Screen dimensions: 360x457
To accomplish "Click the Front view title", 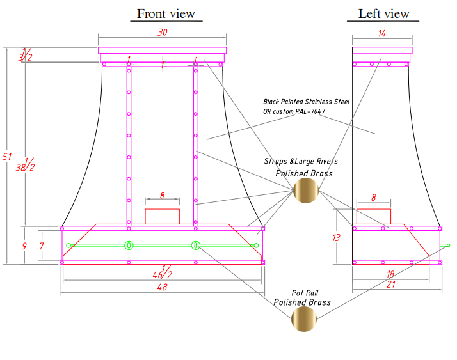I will point(166,14).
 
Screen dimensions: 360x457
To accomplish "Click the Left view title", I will point(383,14).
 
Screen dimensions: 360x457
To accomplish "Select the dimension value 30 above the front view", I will point(163,33).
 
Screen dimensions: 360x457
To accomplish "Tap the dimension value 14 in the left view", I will point(382,33).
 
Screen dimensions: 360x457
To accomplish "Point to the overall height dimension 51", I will point(8,157).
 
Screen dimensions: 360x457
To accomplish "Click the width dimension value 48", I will point(162,288).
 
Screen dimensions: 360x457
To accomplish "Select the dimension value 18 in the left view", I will point(389,274).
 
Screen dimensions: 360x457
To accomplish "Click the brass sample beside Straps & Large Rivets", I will point(305,191).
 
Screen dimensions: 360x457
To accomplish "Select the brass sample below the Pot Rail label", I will point(303,319).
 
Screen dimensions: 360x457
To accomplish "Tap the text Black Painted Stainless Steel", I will point(307,102).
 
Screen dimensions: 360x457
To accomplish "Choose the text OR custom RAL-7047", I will point(294,111).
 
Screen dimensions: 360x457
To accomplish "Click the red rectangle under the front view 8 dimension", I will point(163,216).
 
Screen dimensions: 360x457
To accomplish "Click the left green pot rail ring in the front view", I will point(129,245).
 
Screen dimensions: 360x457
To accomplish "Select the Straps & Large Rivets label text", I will point(301,162).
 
